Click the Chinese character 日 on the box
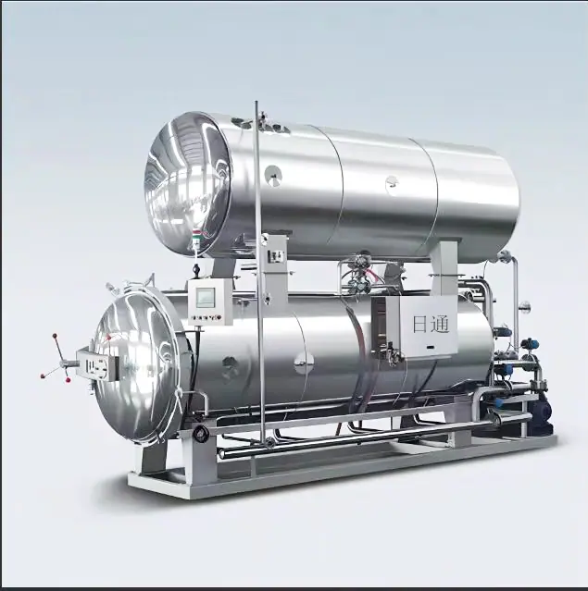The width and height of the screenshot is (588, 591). point(419,324)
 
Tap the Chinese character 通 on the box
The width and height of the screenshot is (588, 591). point(439,323)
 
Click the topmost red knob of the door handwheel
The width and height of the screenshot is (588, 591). point(55,335)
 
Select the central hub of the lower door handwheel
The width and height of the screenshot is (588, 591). point(65,363)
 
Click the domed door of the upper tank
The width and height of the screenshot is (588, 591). point(186,183)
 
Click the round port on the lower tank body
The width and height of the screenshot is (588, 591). point(304,363)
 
